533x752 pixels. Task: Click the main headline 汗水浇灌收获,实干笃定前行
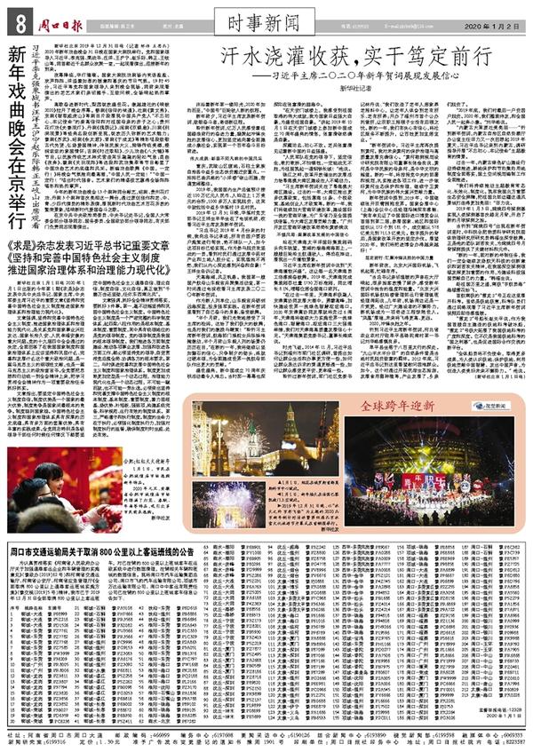tap(346, 51)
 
